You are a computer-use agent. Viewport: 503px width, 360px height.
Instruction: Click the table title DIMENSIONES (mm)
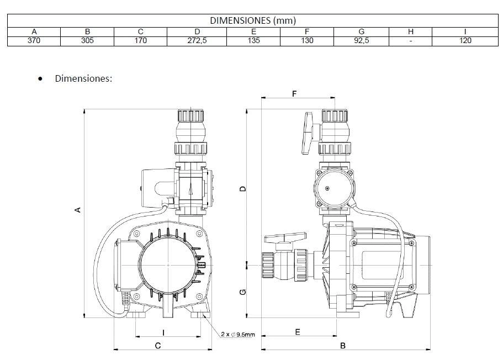coord(252,20)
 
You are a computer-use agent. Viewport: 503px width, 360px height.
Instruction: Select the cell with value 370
coord(34,40)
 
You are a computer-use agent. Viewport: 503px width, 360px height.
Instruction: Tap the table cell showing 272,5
coord(197,40)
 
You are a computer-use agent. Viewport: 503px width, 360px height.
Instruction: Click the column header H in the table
coord(411,31)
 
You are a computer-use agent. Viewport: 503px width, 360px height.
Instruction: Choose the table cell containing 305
coord(87,40)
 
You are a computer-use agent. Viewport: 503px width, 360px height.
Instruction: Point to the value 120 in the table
coord(465,40)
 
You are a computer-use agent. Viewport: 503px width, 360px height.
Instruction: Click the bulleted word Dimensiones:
coord(83,78)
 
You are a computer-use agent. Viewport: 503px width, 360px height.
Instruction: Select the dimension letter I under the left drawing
coord(163,332)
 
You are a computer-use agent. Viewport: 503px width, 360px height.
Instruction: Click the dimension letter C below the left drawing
coord(157,346)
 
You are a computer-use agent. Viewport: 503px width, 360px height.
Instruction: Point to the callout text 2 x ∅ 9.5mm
coord(237,335)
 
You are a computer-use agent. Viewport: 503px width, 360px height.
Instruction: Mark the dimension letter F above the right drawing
coord(294,94)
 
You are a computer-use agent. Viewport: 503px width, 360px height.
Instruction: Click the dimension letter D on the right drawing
coord(242,189)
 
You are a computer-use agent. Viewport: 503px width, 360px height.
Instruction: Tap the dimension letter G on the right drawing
coord(242,292)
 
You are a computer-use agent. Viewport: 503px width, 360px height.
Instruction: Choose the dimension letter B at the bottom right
coord(343,346)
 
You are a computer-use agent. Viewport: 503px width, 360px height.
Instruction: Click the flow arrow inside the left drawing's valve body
coord(190,189)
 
